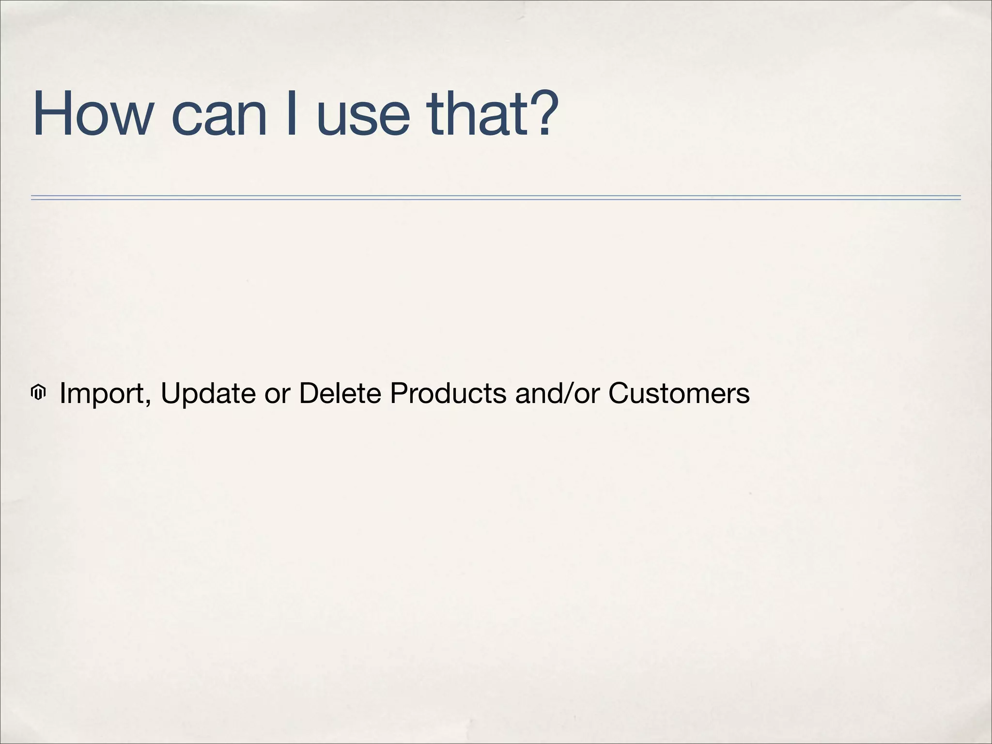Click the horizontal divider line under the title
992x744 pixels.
[x=496, y=198]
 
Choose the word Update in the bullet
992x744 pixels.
[x=208, y=393]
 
